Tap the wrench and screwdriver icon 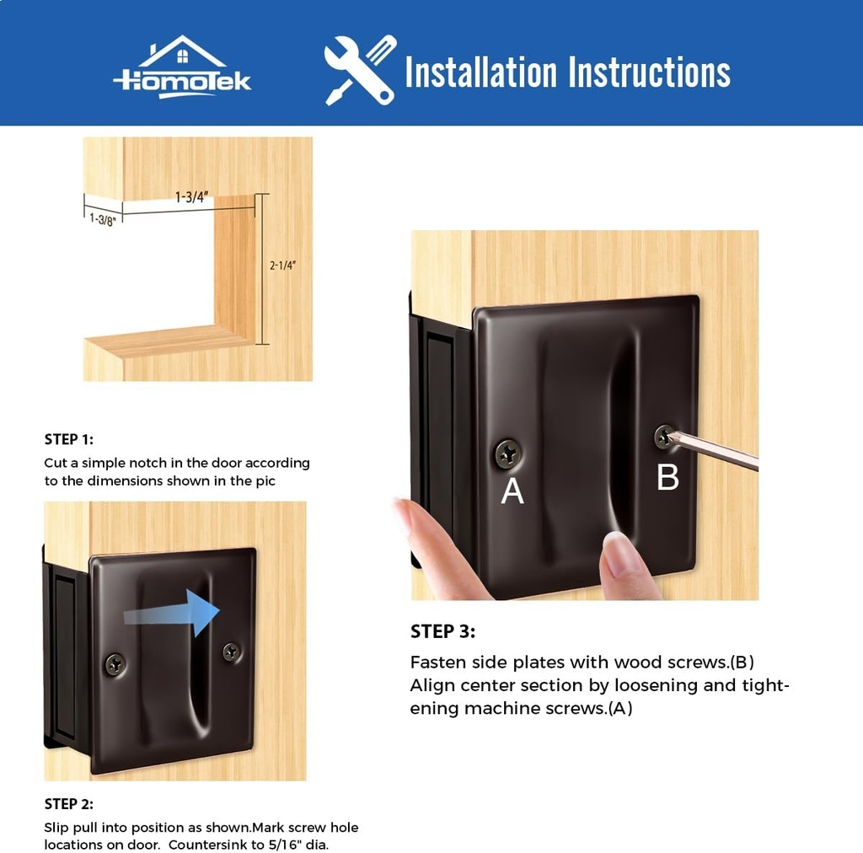(x=360, y=70)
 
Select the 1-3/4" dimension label (x=191, y=197)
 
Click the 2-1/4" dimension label (x=283, y=265)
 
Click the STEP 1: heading (x=69, y=439)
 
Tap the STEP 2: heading (x=69, y=804)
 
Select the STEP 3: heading (x=442, y=631)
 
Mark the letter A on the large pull (x=512, y=491)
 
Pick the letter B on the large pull (x=667, y=477)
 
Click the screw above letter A (x=508, y=454)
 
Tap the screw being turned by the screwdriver (x=665, y=436)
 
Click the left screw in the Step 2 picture (x=115, y=664)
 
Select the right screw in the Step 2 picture (x=231, y=651)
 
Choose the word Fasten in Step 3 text (x=437, y=662)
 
